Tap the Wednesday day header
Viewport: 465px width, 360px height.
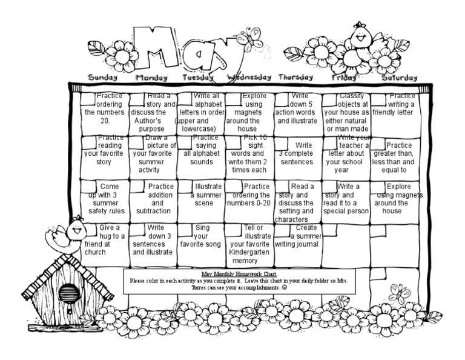pos(249,77)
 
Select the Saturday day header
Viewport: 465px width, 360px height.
pos(399,77)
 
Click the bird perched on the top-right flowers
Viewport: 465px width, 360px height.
pos(362,36)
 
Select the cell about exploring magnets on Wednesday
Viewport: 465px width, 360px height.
pos(248,113)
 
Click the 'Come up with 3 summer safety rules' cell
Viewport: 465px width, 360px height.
pos(105,199)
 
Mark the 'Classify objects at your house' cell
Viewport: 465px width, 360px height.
pos(346,113)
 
